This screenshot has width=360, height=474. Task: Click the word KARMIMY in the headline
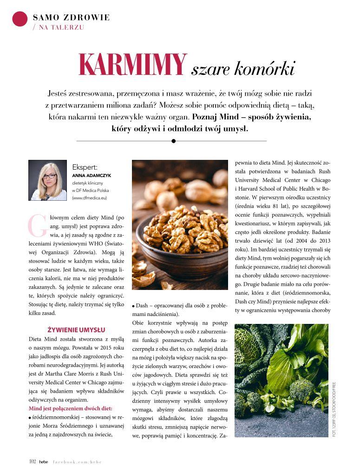(x=132, y=64)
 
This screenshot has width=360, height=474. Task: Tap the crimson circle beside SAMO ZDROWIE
(x=20, y=18)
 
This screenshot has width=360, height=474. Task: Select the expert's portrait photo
(x=48, y=180)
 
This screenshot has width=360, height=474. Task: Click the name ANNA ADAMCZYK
(x=92, y=176)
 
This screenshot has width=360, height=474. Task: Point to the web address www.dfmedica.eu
(x=90, y=198)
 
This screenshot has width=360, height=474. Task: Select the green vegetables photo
(x=281, y=380)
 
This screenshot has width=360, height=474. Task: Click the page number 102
(x=33, y=461)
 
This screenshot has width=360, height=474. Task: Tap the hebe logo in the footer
(x=43, y=461)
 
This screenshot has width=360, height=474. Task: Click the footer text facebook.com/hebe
(x=77, y=461)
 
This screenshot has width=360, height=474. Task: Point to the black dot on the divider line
(x=173, y=140)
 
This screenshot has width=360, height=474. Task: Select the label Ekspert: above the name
(x=85, y=167)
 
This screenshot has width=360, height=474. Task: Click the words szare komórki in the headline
(x=243, y=69)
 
